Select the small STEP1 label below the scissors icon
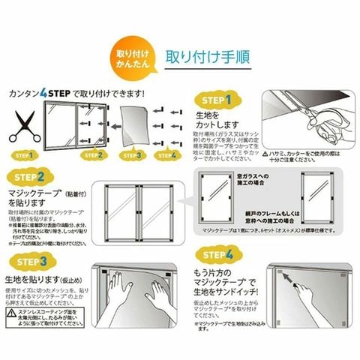pyautogui.click(x=24, y=155)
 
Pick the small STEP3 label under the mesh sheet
pyautogui.click(x=132, y=155)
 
